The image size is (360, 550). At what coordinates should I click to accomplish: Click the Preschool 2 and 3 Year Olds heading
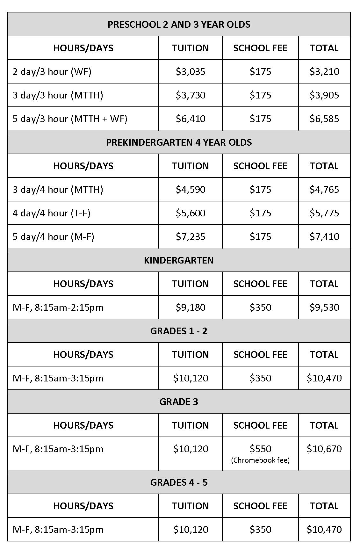179,25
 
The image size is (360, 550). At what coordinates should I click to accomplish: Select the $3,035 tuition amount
191,71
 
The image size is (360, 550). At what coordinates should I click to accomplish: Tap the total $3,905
324,95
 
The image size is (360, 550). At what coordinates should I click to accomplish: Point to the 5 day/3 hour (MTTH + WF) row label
70,119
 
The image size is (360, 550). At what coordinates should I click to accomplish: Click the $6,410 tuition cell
191,119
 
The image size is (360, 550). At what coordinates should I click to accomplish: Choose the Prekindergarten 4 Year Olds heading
179,142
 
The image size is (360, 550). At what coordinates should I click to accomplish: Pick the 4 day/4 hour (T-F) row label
51,213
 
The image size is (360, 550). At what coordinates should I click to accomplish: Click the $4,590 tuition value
191,189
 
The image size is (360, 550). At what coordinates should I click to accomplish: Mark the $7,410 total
324,236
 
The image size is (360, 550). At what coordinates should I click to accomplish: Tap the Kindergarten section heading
179,260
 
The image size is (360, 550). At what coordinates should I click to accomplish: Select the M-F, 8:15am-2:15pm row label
58,307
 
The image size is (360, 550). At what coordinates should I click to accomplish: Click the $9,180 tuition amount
191,307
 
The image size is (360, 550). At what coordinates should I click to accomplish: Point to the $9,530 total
324,307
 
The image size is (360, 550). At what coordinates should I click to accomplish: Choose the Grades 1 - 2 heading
179,331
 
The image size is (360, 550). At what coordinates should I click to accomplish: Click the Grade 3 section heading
179,402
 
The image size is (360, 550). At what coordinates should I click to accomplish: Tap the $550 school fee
260,449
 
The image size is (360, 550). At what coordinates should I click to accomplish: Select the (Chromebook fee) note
260,460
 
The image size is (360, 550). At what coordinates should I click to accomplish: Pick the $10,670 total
324,449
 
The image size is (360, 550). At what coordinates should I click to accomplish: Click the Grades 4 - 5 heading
179,482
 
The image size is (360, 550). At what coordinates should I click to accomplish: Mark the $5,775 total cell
324,213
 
